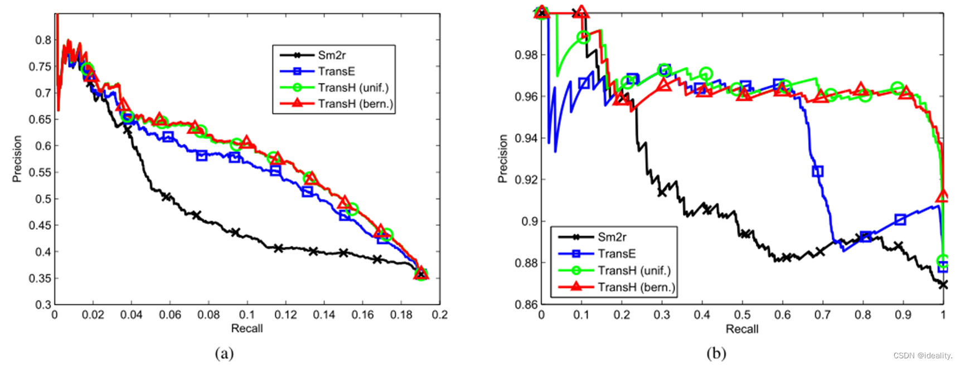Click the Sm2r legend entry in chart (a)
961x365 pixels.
pyautogui.click(x=332, y=55)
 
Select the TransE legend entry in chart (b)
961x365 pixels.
pyautogui.click(x=616, y=254)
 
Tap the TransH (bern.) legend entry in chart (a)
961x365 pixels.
pyautogui.click(x=355, y=104)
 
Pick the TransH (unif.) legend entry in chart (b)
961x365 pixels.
pyautogui.click(x=634, y=270)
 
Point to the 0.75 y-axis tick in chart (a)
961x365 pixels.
pyautogui.click(x=40, y=66)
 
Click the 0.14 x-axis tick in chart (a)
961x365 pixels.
pyautogui.click(x=324, y=315)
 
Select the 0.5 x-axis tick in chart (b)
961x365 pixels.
pyautogui.click(x=742, y=315)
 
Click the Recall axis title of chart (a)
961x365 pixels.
pyautogui.click(x=246, y=328)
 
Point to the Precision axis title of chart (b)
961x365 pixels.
pyautogui.click(x=503, y=158)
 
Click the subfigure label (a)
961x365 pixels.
pyautogui.click(x=224, y=353)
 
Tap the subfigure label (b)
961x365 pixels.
pyautogui.click(x=716, y=353)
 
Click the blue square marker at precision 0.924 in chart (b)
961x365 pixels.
pyautogui.click(x=817, y=171)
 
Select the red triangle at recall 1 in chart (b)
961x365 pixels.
pyautogui.click(x=943, y=196)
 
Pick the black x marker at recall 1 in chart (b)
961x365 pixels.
pyautogui.click(x=943, y=284)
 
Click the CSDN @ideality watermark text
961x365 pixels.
pyautogui.click(x=923, y=356)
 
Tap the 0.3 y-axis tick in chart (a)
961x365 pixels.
pyautogui.click(x=43, y=305)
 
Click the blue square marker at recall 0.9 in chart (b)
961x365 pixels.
pyautogui.click(x=900, y=220)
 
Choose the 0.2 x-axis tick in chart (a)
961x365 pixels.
pyautogui.click(x=439, y=315)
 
